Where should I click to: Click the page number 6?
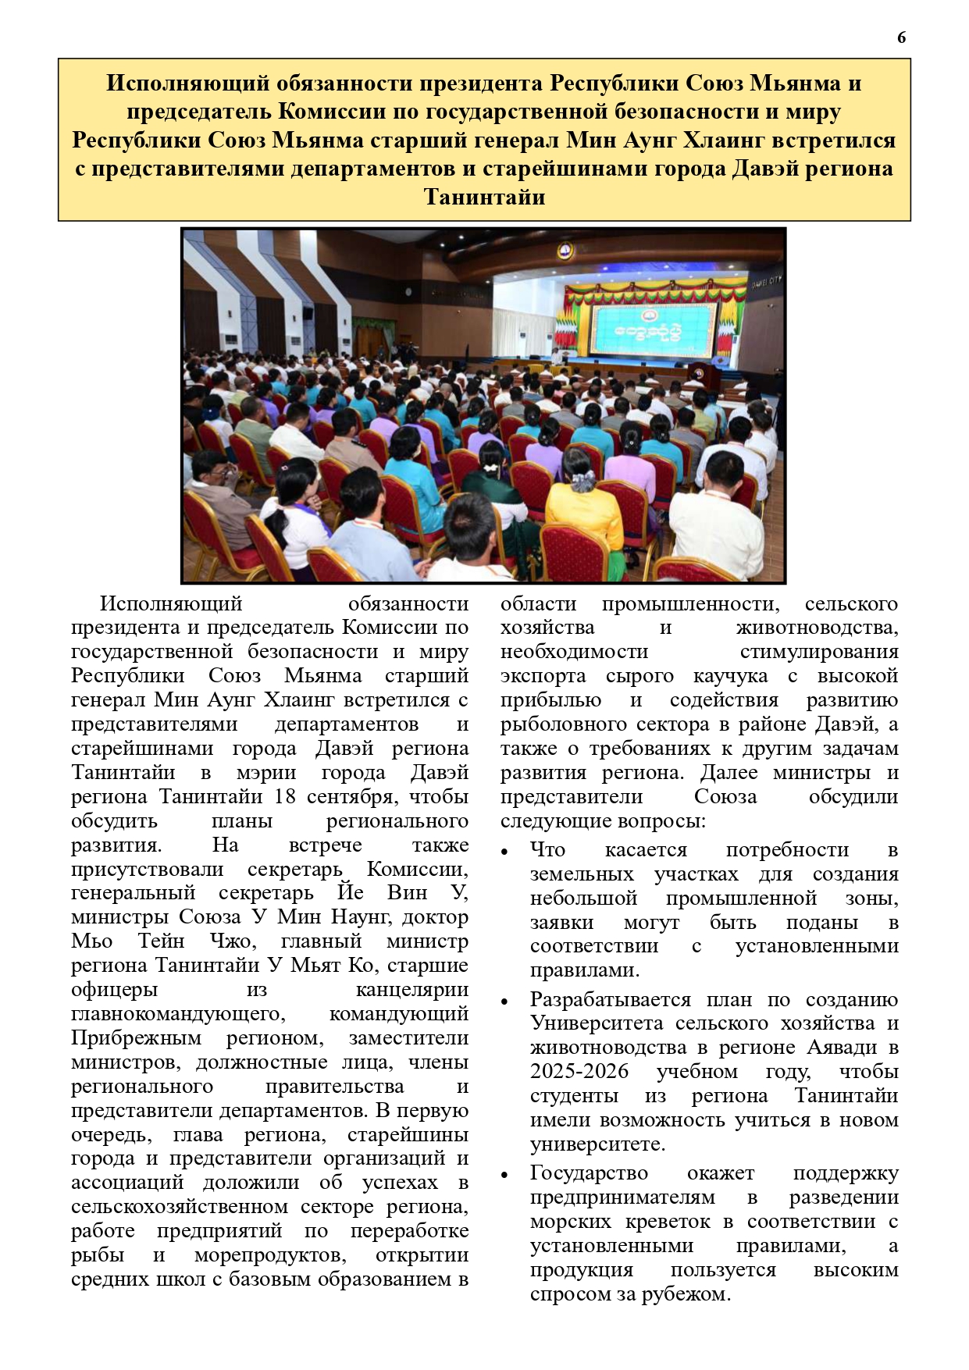pyautogui.click(x=902, y=37)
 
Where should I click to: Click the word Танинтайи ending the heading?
pyautogui.click(x=484, y=197)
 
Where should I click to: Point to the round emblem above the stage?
pyautogui.click(x=565, y=251)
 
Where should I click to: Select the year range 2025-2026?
pyautogui.click(x=579, y=1072)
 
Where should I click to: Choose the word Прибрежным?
pyautogui.click(x=137, y=1038)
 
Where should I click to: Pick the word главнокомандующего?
pyautogui.click(x=178, y=1014)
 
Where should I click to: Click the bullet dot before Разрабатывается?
pyautogui.click(x=505, y=1002)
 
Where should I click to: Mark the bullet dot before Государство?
pyautogui.click(x=505, y=1175)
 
